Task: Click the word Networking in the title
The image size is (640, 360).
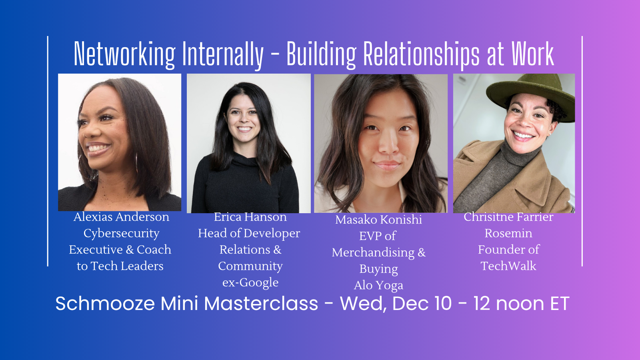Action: click(124, 54)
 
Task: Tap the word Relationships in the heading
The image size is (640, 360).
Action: click(421, 54)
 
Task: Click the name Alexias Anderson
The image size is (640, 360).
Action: click(122, 217)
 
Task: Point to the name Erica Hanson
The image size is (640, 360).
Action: click(250, 217)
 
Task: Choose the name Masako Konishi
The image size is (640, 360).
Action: click(378, 220)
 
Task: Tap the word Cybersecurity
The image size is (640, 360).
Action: click(122, 234)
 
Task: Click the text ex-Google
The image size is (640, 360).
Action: click(250, 283)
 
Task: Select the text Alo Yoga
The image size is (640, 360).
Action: click(378, 286)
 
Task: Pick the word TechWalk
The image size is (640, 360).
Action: click(508, 266)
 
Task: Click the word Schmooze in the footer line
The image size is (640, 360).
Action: click(105, 303)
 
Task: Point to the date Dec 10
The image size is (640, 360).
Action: click(422, 303)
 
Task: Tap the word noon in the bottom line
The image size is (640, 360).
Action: click(520, 304)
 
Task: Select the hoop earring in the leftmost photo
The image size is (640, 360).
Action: click(136, 163)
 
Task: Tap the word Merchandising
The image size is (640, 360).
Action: click(373, 252)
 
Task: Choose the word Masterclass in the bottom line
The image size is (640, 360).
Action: click(261, 303)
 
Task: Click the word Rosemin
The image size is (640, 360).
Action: click(508, 234)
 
